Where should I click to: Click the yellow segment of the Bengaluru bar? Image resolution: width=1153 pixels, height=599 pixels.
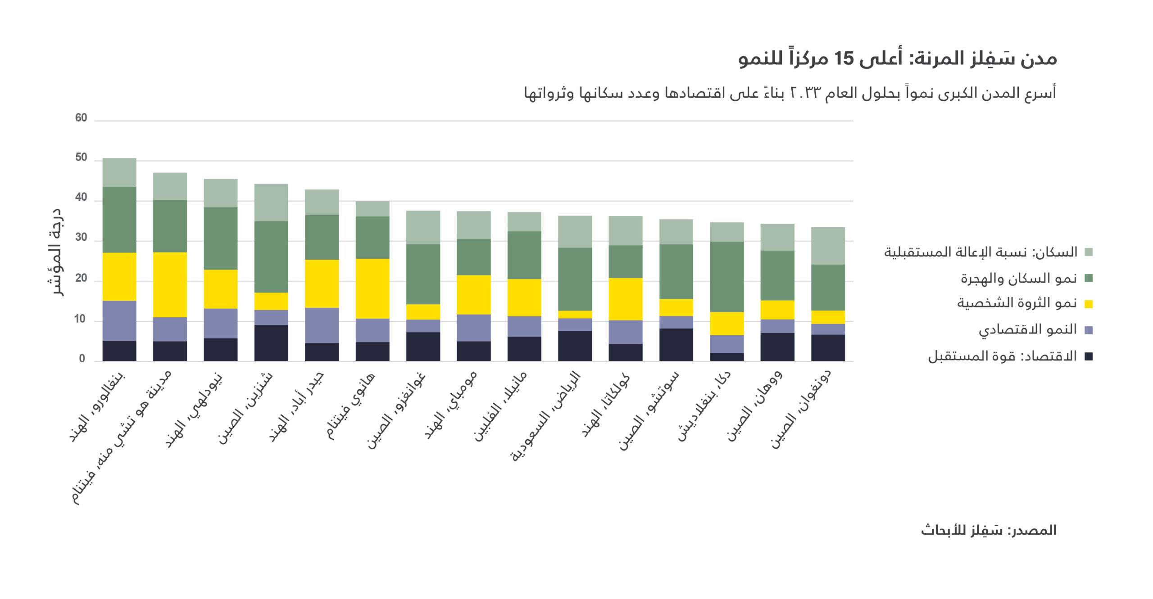(119, 276)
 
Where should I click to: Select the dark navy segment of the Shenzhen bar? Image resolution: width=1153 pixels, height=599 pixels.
(271, 342)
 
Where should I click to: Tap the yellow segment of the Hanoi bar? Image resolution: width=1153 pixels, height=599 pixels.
(372, 288)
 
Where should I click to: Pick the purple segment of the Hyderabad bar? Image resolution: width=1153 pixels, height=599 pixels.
(322, 325)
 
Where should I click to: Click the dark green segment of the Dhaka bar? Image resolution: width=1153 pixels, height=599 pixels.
(726, 277)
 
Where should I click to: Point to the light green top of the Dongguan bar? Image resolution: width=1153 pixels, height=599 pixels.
(828, 245)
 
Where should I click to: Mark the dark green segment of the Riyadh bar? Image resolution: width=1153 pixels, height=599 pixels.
(575, 279)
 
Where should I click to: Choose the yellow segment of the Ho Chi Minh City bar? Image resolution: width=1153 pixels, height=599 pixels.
(170, 284)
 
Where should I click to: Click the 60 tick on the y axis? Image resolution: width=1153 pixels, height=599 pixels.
(81, 118)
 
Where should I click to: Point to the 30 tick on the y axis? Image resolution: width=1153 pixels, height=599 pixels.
(81, 238)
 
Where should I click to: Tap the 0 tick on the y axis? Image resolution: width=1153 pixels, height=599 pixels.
(82, 359)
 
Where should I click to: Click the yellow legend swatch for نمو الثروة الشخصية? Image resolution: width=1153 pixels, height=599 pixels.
(1089, 304)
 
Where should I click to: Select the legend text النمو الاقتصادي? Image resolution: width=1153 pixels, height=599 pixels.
(1027, 329)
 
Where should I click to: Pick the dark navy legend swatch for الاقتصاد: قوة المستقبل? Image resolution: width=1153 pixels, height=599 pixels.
(1089, 356)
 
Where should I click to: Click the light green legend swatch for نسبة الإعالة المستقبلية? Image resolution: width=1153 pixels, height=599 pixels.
(1089, 252)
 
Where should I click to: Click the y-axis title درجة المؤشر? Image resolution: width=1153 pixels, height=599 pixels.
(56, 252)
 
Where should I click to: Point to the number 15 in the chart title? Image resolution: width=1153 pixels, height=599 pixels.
(844, 59)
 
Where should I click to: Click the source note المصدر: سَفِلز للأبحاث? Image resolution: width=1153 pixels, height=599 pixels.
(988, 530)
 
